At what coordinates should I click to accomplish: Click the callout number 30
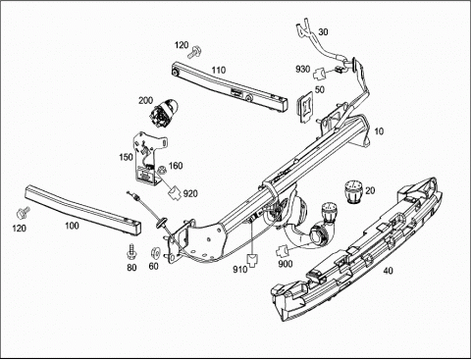(x=323, y=32)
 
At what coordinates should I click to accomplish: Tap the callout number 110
(x=219, y=70)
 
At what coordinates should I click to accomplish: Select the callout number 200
(x=145, y=100)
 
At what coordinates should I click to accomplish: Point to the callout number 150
(x=126, y=157)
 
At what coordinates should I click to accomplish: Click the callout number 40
(x=388, y=271)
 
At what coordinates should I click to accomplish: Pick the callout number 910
(x=240, y=270)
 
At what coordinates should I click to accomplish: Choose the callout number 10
(x=379, y=131)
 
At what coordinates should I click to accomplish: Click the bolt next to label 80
(x=132, y=251)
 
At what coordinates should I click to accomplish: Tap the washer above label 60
(x=154, y=253)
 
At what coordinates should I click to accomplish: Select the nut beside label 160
(x=161, y=171)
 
